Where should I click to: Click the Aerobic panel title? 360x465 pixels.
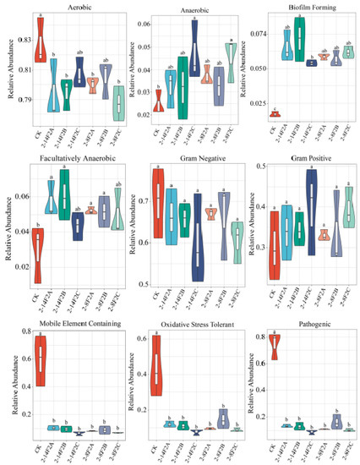[x=69, y=7]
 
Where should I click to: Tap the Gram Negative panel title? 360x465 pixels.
[x=187, y=157]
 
